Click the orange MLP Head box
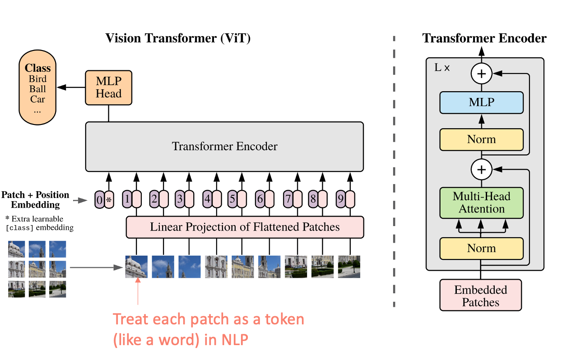[x=108, y=88]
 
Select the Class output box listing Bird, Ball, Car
[x=37, y=88]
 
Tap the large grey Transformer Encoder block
[x=224, y=146]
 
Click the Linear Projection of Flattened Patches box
[x=245, y=227]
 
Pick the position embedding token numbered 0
[x=99, y=199]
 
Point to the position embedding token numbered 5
[x=232, y=199]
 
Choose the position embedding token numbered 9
[x=341, y=199]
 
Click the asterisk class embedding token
[x=109, y=199]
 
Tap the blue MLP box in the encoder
[x=481, y=102]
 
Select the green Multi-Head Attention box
[x=481, y=203]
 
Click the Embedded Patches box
[x=481, y=296]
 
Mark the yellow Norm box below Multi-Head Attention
[x=481, y=248]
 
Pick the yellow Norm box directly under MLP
[x=481, y=139]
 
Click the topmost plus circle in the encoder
[x=481, y=74]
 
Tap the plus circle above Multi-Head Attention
[x=481, y=170]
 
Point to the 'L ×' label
[x=442, y=68]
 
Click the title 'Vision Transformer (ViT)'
[x=178, y=38]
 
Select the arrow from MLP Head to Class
[x=71, y=88]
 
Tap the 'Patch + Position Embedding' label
[x=35, y=200]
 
